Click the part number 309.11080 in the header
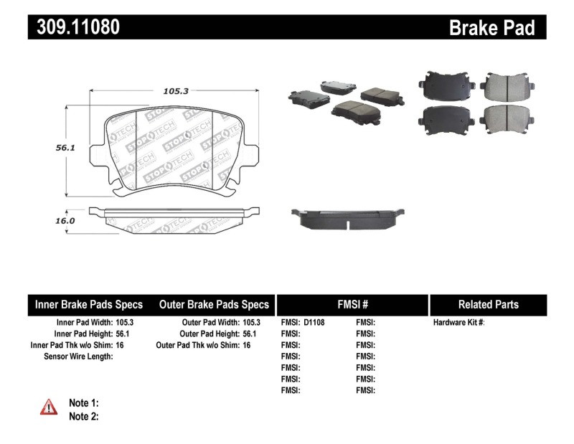point(75,27)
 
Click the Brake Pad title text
point(491,27)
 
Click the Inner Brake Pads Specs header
point(89,304)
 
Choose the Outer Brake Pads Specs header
point(214,304)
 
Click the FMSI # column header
point(352,304)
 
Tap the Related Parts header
point(488,304)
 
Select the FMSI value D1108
point(314,323)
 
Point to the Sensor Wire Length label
point(78,356)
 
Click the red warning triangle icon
point(48,407)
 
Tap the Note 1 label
point(84,403)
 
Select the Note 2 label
point(84,416)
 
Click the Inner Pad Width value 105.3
point(125,323)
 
